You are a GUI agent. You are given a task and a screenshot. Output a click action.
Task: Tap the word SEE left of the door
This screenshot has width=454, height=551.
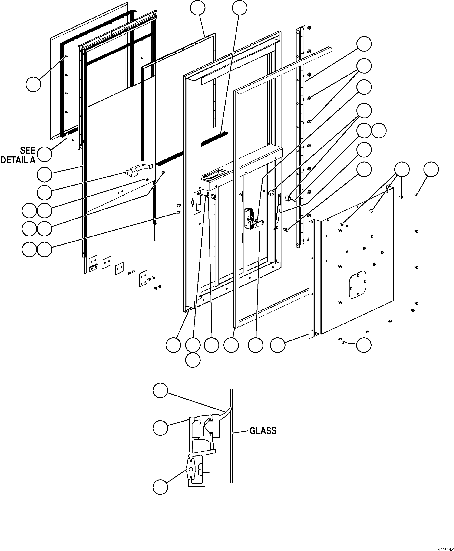tap(28, 151)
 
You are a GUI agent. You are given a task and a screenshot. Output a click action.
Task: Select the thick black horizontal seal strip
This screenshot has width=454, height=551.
tap(192, 149)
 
